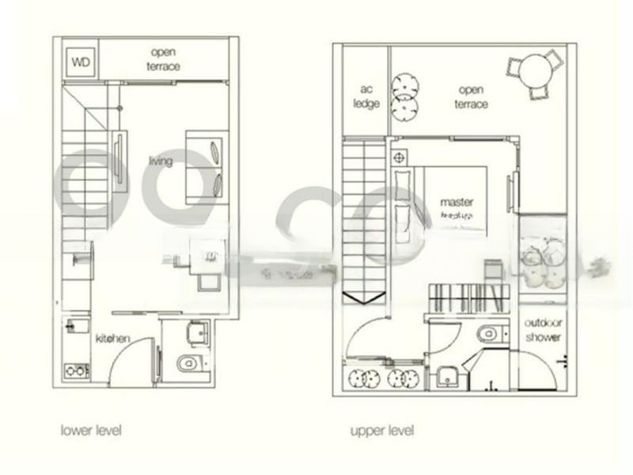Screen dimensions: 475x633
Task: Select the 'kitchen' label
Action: click(x=112, y=338)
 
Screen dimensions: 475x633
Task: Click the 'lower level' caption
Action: click(x=91, y=431)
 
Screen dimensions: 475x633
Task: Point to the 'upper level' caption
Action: click(x=382, y=431)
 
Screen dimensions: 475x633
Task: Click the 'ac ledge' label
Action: click(x=366, y=97)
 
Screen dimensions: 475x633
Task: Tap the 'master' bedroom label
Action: click(x=457, y=202)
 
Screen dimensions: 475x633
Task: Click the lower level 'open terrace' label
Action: click(x=162, y=59)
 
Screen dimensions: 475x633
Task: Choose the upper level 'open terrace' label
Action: click(x=472, y=97)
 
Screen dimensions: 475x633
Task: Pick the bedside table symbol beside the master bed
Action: click(x=398, y=157)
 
